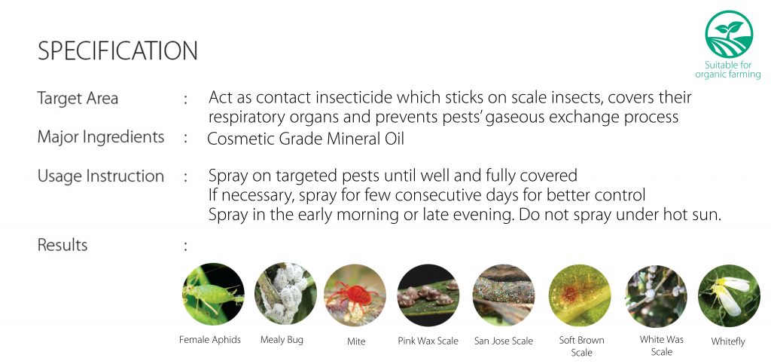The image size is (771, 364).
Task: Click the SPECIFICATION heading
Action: coord(117,51)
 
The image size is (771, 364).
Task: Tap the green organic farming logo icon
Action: coord(729,35)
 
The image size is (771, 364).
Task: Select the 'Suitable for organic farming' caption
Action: coord(728,70)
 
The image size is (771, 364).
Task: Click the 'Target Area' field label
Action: coord(78,98)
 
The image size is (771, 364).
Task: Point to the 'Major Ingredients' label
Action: coord(101,136)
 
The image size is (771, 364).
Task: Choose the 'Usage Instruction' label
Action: coord(101,176)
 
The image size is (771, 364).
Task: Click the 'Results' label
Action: coord(62,244)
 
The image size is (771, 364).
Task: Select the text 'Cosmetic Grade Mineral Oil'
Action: coord(306,139)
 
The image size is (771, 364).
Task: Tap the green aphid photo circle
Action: coord(213,294)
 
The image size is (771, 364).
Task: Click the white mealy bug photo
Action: coord(285,294)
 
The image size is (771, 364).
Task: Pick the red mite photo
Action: coord(355,295)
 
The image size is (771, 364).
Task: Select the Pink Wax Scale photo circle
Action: coord(428,295)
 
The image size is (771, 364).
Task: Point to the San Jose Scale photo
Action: coord(504,295)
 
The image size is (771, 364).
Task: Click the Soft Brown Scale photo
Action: coord(580,295)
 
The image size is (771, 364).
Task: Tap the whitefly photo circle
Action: coord(729,295)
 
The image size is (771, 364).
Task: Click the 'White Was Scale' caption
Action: coord(661,345)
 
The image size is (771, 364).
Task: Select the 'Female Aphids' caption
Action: coord(210,339)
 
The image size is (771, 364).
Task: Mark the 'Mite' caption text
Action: coord(356,341)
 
